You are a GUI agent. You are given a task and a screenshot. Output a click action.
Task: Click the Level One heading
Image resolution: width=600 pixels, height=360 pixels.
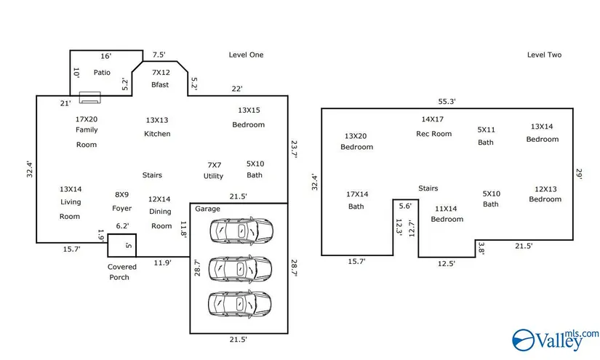coord(246,55)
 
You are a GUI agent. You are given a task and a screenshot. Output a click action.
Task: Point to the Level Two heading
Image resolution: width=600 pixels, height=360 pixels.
coord(544,55)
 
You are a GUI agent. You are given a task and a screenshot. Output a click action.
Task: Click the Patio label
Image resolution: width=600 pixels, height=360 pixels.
coord(102,72)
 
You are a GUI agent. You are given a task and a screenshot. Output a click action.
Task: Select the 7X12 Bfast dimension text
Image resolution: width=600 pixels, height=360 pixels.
coord(160,73)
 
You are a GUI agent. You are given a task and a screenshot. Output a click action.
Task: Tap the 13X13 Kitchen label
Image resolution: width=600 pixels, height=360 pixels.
coord(157,127)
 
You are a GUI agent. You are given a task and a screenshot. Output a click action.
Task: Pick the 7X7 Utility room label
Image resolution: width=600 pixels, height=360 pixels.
coord(214,170)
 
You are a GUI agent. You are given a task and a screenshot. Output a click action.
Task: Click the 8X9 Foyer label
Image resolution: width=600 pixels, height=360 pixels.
coord(121,201)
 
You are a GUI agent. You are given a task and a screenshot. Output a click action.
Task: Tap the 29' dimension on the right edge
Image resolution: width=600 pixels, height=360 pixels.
coord(579,175)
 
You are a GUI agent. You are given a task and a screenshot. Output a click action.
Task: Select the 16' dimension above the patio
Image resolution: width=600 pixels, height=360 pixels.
coord(105,56)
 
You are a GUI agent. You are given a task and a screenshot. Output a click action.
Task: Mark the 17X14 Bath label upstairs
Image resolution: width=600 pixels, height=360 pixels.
coord(356,200)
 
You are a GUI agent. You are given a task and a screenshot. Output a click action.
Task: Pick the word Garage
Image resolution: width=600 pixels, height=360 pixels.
coord(207,209)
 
